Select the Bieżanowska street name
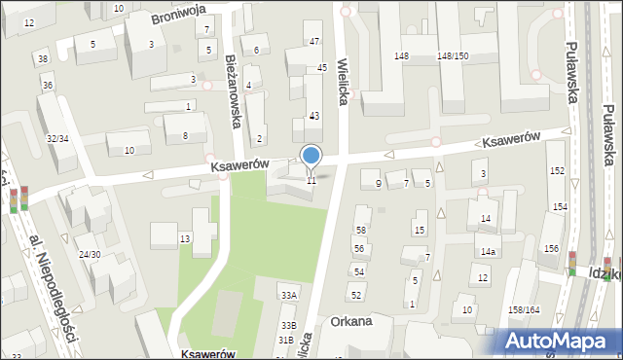coord(234,90)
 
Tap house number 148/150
coord(453,56)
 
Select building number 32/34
coord(57,138)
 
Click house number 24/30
coord(90,254)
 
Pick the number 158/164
coord(525,309)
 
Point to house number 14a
coord(487,251)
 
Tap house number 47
coord(313,41)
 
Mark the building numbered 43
coord(313,116)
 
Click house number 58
coord(360,230)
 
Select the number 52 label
coord(356,294)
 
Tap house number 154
coord(560,207)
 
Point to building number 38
coord(43,59)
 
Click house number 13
coord(184,238)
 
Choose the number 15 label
coord(420,230)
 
